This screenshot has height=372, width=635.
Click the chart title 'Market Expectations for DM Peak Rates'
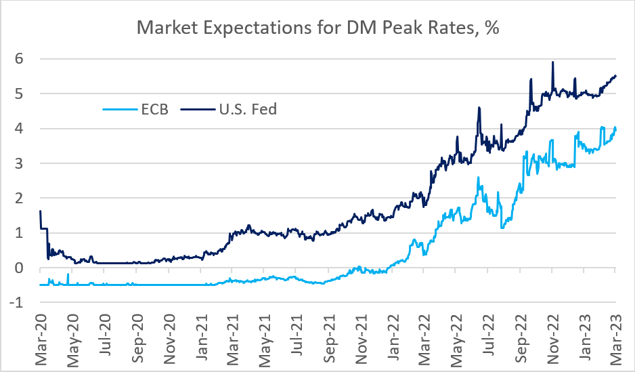click(317, 28)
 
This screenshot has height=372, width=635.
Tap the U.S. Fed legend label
click(248, 108)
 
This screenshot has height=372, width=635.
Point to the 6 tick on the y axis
click(20, 59)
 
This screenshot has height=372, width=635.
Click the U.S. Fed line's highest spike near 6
click(553, 62)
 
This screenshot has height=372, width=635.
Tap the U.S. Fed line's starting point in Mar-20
click(41, 211)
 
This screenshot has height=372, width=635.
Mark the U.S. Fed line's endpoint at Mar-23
click(615, 76)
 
